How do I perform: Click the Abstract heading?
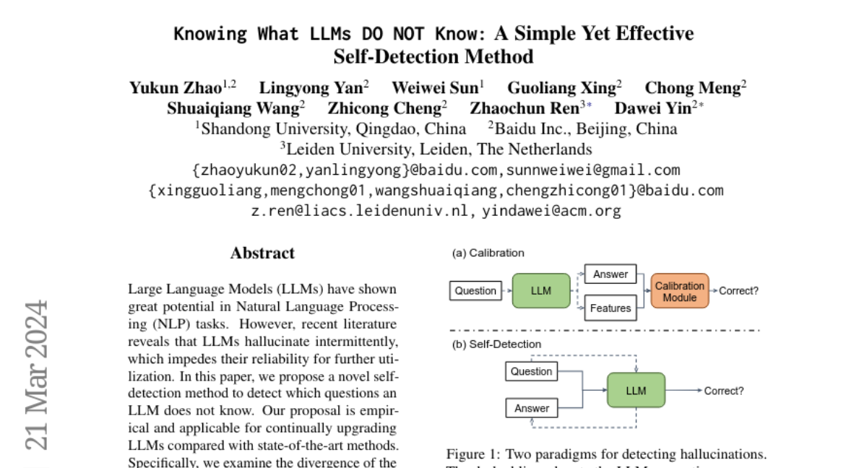[x=262, y=253]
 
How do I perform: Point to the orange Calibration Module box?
[x=679, y=292]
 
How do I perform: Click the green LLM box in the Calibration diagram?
[x=540, y=291]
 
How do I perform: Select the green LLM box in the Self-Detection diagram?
[x=636, y=391]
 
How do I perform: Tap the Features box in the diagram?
[x=610, y=308]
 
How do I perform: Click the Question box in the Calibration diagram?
[x=475, y=291]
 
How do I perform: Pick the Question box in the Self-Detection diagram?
[x=531, y=371]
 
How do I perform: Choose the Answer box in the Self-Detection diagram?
[x=532, y=408]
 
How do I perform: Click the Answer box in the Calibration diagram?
[x=610, y=274]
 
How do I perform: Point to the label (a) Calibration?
[x=488, y=253]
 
